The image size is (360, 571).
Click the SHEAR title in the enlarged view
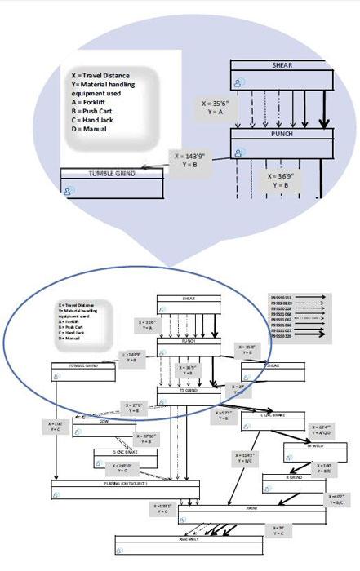[281, 64]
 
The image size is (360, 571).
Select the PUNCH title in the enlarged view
[281, 133]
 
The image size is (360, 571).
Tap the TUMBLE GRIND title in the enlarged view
[112, 173]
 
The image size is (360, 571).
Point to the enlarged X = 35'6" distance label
[216, 108]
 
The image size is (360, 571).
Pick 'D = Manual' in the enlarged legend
[91, 128]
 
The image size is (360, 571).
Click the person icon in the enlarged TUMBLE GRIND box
[69, 190]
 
